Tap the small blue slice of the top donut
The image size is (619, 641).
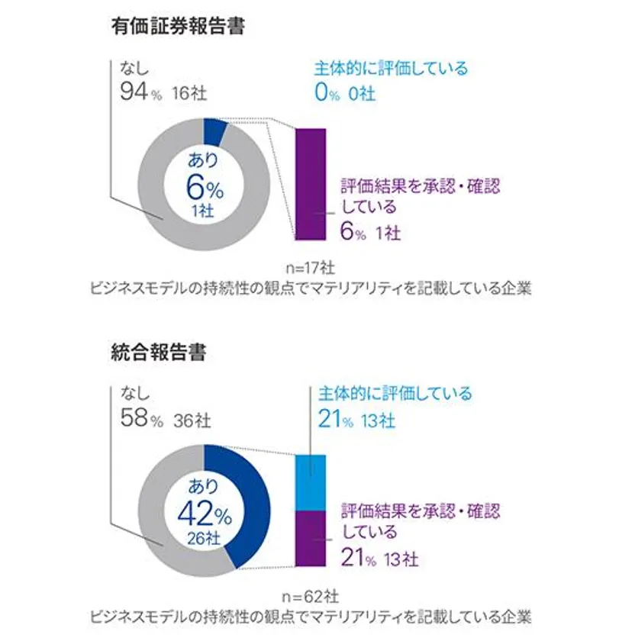(x=215, y=130)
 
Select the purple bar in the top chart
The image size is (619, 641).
(x=310, y=184)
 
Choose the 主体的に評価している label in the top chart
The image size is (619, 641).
(x=391, y=68)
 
